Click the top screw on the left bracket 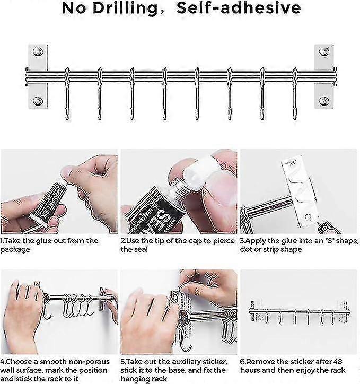tap(38, 51)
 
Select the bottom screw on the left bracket tap(38, 101)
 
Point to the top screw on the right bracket tap(324, 51)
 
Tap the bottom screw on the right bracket tap(324, 101)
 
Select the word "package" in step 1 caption tap(17, 249)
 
